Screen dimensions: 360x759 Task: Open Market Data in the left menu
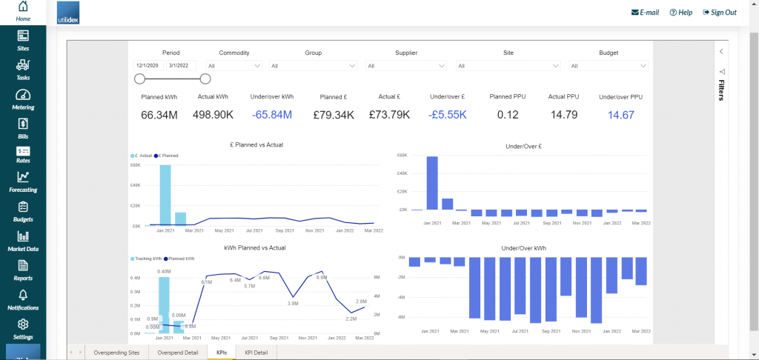click(x=23, y=236)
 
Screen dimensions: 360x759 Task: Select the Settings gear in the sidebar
click(x=23, y=325)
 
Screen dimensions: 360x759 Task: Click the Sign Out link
click(x=718, y=13)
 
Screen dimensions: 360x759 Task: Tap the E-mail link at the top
click(x=645, y=13)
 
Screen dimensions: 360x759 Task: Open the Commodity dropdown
click(x=234, y=66)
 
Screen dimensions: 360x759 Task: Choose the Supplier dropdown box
click(x=406, y=66)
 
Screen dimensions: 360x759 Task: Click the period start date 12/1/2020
click(x=149, y=66)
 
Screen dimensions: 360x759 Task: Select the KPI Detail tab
click(x=256, y=353)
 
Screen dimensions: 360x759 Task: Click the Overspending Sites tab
click(x=116, y=353)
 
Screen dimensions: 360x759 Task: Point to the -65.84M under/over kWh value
click(x=271, y=115)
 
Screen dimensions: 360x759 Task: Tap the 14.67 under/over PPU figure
click(x=620, y=115)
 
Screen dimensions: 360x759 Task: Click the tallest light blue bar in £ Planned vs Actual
click(x=165, y=194)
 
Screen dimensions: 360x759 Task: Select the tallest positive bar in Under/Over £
click(x=431, y=183)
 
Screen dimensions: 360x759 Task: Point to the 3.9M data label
click(x=293, y=303)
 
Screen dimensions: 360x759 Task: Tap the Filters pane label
click(x=721, y=89)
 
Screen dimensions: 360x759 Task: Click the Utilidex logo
click(x=73, y=13)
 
